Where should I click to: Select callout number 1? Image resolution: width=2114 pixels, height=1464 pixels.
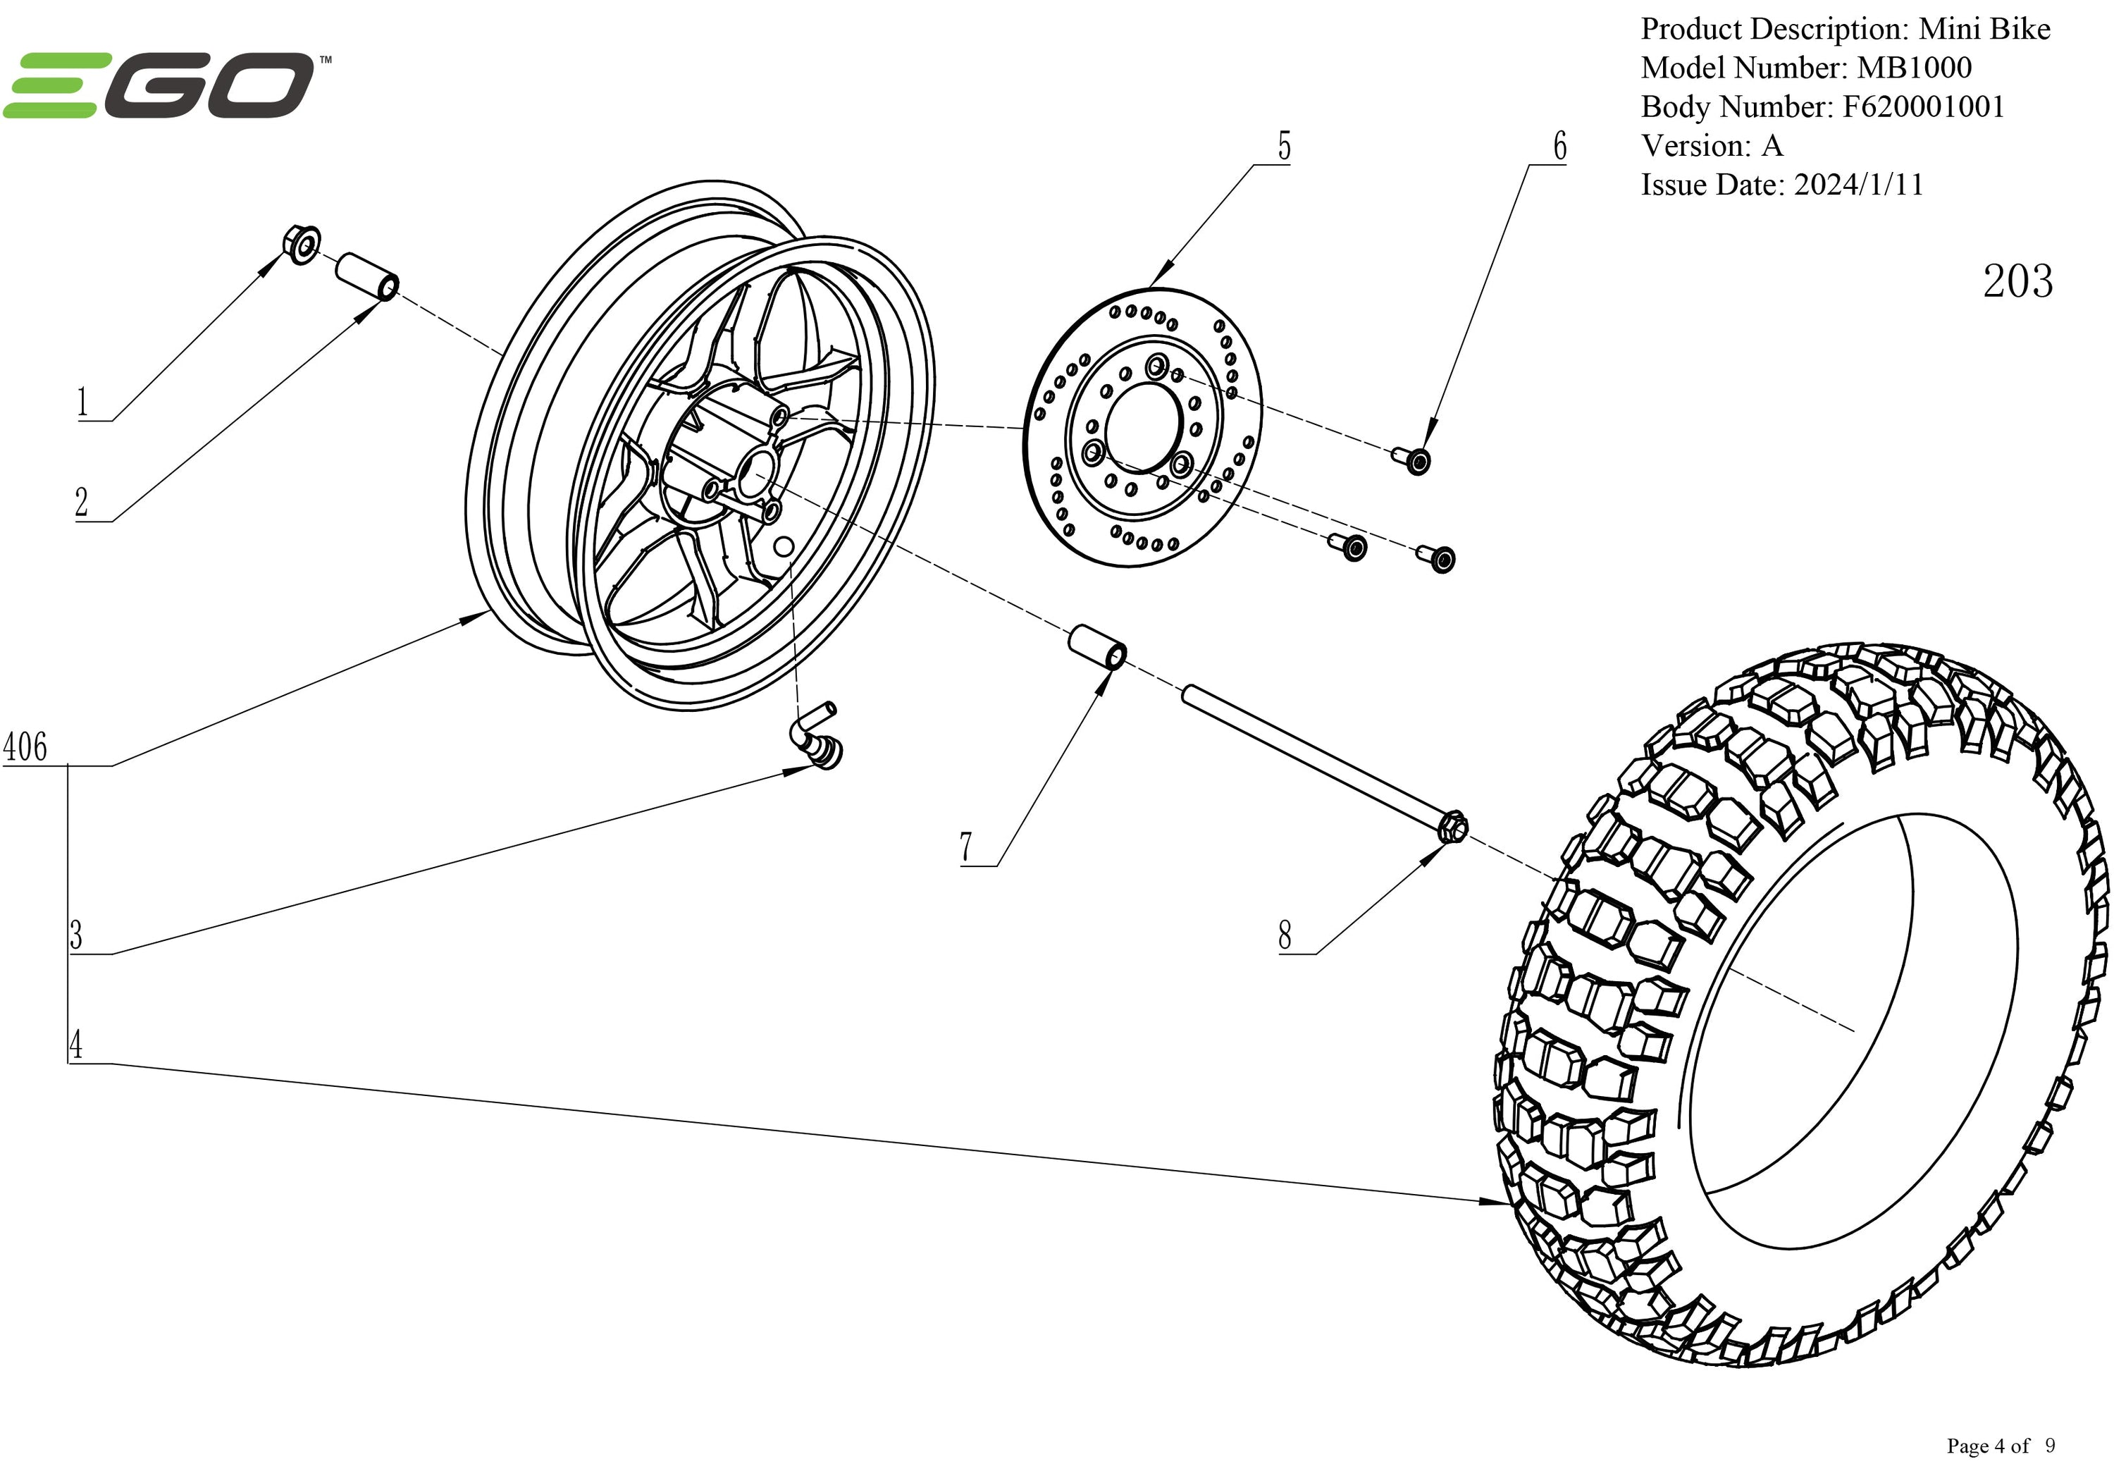pos(82,402)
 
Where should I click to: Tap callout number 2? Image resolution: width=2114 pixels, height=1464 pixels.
pos(82,503)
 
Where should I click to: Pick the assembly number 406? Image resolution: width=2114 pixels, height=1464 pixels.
pos(25,746)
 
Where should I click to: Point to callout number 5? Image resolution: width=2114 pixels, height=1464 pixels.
pos(1284,147)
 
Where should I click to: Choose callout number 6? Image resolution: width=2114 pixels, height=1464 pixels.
pos(1559,147)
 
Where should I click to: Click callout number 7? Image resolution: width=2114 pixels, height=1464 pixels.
pos(965,847)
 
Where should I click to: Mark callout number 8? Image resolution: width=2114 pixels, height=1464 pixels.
pos(1284,935)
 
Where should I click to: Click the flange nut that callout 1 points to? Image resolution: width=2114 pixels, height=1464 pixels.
pos(301,243)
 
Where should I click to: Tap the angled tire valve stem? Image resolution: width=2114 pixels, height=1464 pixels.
pos(816,737)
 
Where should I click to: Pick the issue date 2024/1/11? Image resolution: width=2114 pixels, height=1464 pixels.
pos(1858,185)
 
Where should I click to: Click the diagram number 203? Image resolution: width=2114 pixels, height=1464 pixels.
pos(2017,282)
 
